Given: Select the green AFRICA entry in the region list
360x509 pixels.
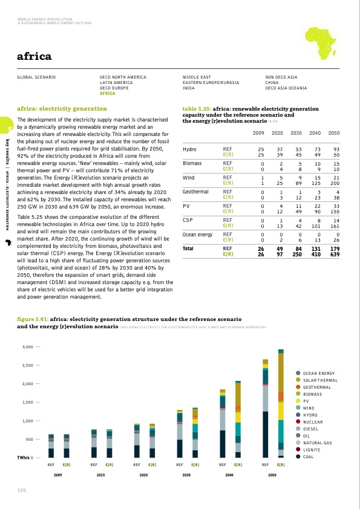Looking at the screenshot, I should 107,94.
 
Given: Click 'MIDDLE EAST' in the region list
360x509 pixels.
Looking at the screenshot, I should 197,77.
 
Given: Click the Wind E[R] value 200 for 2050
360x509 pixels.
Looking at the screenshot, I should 334,182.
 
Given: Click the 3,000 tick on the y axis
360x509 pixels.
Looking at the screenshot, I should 28,347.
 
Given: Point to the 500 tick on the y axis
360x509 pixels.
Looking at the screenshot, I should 32,439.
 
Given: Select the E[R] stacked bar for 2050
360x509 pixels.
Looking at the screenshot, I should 281,403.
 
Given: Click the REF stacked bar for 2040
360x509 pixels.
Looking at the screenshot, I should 223,423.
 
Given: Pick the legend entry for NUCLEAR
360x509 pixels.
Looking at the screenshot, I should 313,422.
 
